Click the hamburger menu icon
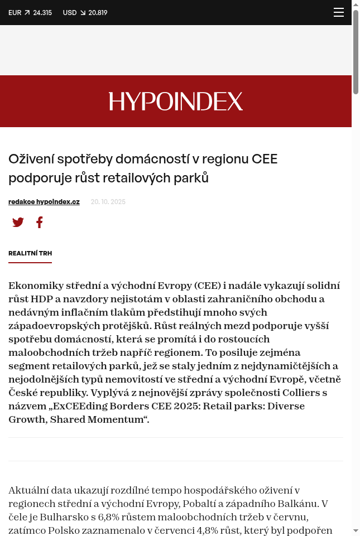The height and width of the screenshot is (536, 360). tap(339, 12)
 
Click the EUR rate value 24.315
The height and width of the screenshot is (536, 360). tap(42, 13)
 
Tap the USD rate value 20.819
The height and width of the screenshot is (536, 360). tap(98, 13)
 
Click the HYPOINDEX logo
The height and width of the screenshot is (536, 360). tap(176, 102)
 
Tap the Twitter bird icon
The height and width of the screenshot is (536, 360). tap(18, 223)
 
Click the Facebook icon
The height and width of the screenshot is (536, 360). tap(40, 223)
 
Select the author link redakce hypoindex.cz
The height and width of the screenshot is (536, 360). tap(44, 202)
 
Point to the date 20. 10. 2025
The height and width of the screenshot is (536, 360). tap(108, 202)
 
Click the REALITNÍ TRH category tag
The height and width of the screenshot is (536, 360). tap(30, 253)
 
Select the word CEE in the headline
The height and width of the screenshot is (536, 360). tap(265, 159)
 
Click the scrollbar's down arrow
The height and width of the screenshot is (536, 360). tap(356, 530)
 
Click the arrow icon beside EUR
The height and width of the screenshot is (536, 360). tap(27, 13)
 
